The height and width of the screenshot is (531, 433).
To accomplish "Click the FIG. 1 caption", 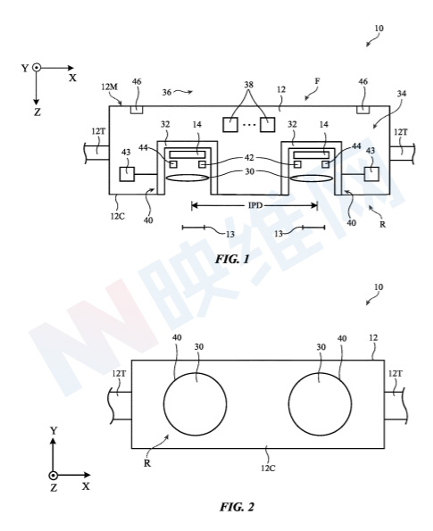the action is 232,260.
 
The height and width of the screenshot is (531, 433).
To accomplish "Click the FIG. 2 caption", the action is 237,507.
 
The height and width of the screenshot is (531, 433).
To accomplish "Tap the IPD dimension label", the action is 254,205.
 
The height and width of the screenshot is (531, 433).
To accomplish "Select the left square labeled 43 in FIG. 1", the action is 127,174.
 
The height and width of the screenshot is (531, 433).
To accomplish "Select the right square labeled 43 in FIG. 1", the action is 371,174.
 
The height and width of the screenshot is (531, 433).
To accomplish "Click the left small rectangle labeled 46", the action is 137,110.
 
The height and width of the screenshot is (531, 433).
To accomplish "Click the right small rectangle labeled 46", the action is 362,110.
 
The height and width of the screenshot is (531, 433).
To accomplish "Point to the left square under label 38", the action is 230,125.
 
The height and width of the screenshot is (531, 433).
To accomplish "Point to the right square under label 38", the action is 267,125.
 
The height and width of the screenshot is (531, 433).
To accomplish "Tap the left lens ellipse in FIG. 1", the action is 187,178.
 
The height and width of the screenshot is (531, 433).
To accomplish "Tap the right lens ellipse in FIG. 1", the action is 311,178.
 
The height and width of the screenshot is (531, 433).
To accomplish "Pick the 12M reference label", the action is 109,87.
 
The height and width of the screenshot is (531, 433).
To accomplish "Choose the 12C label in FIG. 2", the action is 268,469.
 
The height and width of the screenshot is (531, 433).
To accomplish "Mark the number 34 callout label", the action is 402,93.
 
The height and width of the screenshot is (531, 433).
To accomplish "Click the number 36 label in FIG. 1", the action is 166,92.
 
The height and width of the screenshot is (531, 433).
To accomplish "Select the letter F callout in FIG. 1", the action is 317,81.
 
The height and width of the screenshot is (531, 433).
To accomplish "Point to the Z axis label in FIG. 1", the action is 37,112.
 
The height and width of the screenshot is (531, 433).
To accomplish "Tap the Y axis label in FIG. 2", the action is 54,431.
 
